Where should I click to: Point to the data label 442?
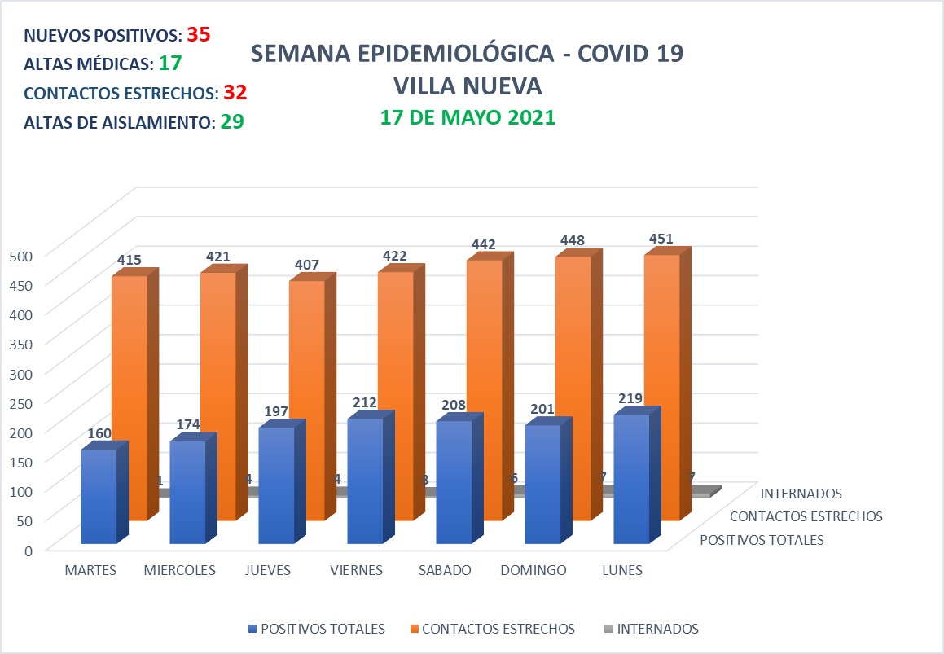pos(482,244)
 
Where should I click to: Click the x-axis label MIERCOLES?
pos(179,570)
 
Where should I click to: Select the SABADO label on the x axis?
pos(445,570)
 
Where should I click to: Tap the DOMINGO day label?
pos(534,570)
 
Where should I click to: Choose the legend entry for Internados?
pos(656,629)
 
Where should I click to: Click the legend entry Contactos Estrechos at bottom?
pos(498,629)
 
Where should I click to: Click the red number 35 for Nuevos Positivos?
pos(199,35)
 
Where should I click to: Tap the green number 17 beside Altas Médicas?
pos(170,64)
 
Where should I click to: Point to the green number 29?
pos(232,122)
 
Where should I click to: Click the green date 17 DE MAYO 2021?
pos(468,117)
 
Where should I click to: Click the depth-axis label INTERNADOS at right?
pos(801,493)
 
